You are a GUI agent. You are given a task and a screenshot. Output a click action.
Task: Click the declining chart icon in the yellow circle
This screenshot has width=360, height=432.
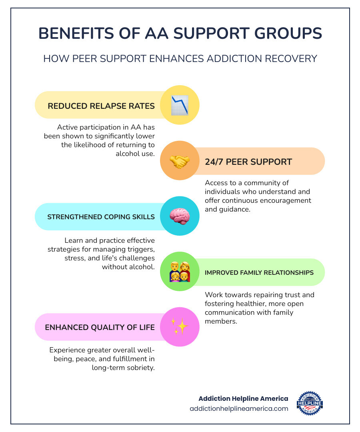click(x=180, y=106)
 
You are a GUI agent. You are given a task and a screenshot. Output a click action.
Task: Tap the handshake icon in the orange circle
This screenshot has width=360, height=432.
click(x=180, y=161)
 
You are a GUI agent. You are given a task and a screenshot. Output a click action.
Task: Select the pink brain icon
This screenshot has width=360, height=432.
click(x=180, y=216)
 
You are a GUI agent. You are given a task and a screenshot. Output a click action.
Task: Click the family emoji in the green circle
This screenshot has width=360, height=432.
click(x=180, y=272)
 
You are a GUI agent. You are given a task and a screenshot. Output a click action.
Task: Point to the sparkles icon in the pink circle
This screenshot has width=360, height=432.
click(x=180, y=327)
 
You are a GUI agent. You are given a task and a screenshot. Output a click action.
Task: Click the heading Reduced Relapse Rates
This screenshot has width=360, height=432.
click(x=101, y=106)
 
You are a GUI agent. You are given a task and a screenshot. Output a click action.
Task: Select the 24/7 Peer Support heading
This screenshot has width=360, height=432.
click(x=248, y=162)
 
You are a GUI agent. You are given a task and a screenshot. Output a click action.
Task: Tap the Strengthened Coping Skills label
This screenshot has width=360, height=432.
click(x=101, y=217)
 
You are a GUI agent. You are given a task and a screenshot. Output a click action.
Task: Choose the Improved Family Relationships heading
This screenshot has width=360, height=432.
click(x=259, y=272)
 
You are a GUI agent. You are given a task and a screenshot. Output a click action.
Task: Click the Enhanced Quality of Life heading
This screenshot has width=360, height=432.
click(x=100, y=327)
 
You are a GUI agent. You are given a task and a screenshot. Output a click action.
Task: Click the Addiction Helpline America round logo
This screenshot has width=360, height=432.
click(x=310, y=403)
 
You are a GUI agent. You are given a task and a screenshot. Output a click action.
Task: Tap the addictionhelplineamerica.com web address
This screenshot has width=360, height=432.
click(x=239, y=408)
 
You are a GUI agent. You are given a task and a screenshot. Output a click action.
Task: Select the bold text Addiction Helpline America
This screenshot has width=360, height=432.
click(x=243, y=398)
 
